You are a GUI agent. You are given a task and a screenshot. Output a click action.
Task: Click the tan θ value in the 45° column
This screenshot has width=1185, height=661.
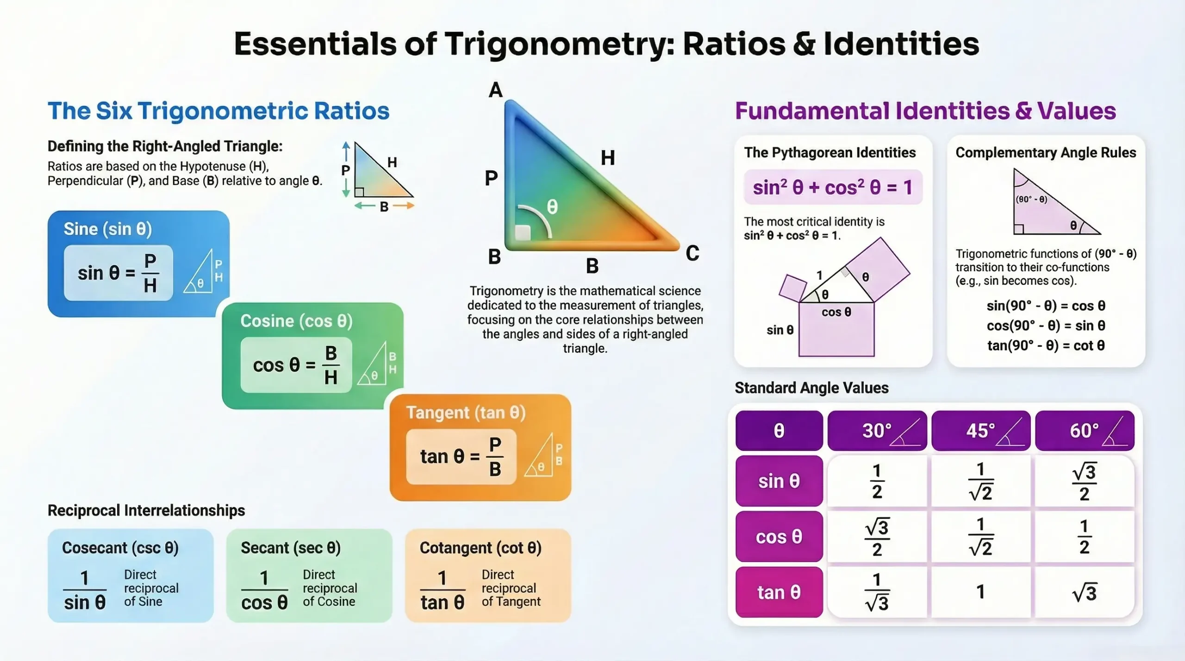[x=980, y=592]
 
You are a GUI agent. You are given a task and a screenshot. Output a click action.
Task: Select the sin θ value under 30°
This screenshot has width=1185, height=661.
[x=877, y=481]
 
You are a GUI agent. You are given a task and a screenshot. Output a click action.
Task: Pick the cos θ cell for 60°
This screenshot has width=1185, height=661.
[x=1084, y=537]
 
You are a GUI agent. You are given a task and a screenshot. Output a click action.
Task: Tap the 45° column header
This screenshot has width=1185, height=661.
[x=980, y=431]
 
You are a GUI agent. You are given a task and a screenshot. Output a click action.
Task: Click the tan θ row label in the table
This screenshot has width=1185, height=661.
[x=779, y=592]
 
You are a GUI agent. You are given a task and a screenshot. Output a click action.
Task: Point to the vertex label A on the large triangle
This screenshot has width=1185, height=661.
[x=495, y=90]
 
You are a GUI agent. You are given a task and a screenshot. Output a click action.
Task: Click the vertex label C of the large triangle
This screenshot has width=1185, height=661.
[x=692, y=253]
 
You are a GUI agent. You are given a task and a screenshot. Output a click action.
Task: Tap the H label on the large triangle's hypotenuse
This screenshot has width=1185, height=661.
[x=608, y=158]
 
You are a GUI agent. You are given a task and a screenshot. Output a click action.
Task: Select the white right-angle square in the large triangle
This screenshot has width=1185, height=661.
[x=523, y=232]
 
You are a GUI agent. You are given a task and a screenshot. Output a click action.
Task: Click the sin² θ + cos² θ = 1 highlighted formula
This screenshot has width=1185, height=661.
[x=833, y=187]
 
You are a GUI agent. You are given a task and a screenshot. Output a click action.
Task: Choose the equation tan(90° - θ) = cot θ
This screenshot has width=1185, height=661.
[x=1046, y=346]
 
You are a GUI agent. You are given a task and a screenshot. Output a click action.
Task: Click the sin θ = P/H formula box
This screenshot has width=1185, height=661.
[x=118, y=273]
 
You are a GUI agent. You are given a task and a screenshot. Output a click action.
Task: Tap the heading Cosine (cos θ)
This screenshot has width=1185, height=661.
[x=296, y=321]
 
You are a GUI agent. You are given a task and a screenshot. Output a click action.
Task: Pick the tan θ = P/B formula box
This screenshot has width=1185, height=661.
[x=461, y=457]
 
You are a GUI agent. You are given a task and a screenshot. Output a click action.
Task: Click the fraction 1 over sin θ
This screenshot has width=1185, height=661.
[x=85, y=590]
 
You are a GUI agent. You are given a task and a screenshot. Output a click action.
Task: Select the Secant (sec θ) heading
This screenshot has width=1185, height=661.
[x=291, y=548]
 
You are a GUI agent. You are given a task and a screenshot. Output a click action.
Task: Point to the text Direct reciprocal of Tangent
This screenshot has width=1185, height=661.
[x=511, y=588]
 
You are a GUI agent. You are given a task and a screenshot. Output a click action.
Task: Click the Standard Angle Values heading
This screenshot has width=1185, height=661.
[x=811, y=388]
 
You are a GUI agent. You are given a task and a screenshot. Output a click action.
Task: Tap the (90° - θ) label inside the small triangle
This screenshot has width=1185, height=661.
[x=1031, y=199]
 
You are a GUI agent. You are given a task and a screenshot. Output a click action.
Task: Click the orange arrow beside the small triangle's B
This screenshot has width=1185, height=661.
[x=403, y=206]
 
